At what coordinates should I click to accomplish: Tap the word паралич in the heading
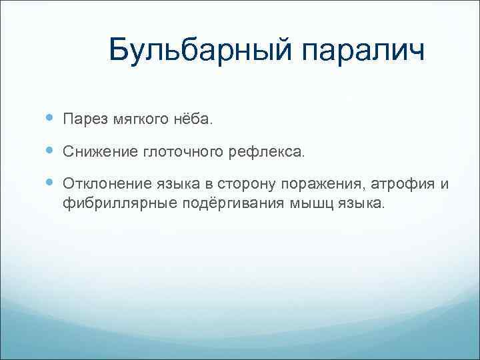363,50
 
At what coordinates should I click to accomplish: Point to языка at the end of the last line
361,203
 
